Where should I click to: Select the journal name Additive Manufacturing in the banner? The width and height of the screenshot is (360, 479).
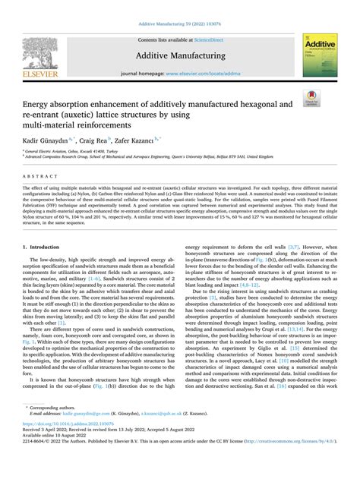coord(179,55)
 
